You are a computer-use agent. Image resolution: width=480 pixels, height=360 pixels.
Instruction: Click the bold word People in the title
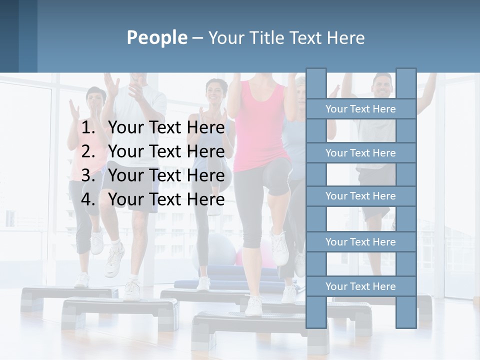[156, 37]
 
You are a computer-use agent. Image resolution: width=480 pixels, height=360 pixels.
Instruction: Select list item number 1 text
[166, 128]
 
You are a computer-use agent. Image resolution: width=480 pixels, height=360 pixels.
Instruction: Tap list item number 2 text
[166, 151]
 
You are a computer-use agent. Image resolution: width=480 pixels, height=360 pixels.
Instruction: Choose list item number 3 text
[166, 175]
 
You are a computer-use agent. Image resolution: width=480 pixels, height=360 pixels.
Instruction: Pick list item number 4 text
[166, 199]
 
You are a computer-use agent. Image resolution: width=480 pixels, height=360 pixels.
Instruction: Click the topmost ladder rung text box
[360, 109]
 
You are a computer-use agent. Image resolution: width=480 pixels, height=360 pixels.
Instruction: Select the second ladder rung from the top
[360, 153]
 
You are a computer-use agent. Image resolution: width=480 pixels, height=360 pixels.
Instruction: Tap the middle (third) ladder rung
[360, 196]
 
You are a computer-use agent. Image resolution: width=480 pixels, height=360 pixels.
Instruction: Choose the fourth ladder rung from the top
[360, 242]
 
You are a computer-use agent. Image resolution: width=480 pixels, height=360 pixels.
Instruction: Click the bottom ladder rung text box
[360, 286]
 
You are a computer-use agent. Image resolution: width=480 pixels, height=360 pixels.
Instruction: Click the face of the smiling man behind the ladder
[382, 86]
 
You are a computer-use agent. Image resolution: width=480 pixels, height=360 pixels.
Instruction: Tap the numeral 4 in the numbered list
[87, 199]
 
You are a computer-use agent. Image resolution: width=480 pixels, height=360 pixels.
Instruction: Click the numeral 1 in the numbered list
[87, 128]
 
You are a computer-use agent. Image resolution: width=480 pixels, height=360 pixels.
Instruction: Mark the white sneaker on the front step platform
[254, 305]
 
